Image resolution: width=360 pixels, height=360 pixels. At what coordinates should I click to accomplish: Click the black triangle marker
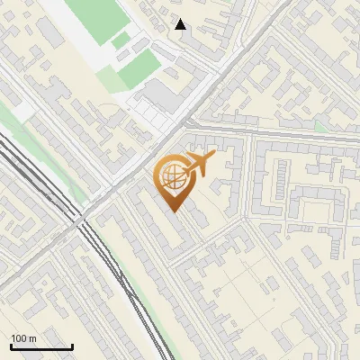[x=181, y=25]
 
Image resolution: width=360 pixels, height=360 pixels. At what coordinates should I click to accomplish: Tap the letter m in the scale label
[x=33, y=338]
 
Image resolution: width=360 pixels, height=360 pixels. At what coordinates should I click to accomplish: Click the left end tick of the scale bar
[x=11, y=346]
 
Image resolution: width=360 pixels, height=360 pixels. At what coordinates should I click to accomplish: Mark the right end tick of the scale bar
[x=72, y=346]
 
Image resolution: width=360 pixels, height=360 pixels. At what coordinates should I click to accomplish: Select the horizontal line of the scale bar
[x=41, y=347]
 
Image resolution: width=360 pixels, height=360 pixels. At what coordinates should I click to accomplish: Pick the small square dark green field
[x=121, y=40]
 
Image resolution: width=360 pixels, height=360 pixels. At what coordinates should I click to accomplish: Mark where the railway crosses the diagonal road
[x=84, y=221]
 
